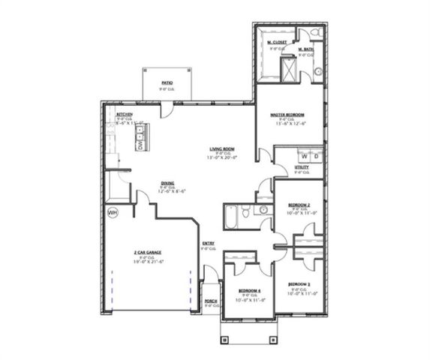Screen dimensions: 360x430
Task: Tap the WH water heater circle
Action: pos(113,213)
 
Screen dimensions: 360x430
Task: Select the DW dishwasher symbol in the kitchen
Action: pos(140,145)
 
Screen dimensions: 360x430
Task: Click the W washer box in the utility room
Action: pos(304,156)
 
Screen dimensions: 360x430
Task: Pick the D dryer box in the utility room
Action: pos(316,156)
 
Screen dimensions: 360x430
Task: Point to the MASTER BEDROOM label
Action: pos(289,114)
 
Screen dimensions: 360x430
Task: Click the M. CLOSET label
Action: pos(278,42)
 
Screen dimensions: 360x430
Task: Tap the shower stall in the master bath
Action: pos(287,70)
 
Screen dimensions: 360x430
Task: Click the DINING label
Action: pos(167,183)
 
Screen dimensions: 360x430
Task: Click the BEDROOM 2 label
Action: pos(299,205)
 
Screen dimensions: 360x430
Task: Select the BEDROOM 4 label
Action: pos(249,290)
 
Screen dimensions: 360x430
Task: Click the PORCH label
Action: pos(211,301)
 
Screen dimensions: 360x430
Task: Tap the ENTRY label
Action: pos(208,244)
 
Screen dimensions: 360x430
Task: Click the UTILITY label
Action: pos(301,167)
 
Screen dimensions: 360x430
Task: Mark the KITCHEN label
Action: pos(124,114)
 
